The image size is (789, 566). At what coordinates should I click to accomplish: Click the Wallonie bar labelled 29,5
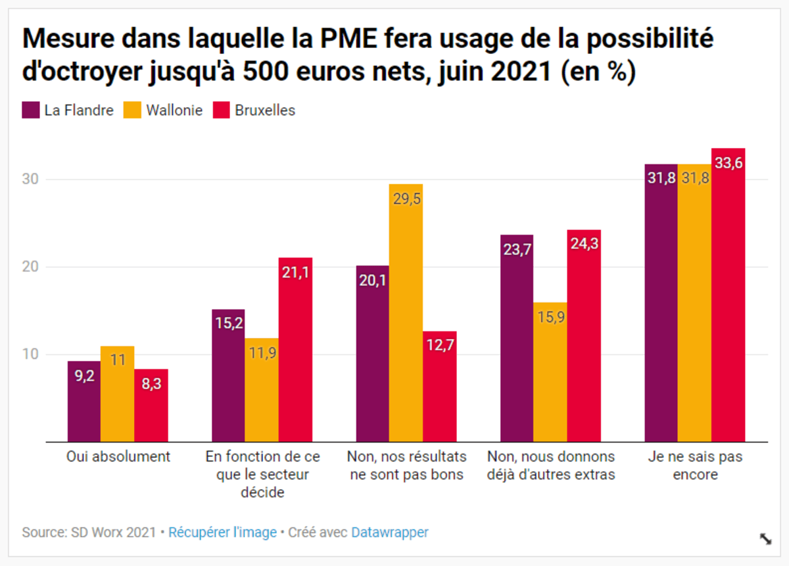(406, 313)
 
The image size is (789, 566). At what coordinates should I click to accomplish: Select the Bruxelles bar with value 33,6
(729, 295)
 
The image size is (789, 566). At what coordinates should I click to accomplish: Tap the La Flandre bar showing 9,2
(84, 402)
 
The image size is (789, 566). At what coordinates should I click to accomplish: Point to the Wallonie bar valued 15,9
(550, 372)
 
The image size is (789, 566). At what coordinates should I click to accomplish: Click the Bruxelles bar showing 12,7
(440, 387)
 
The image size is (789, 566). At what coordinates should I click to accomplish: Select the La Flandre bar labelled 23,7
(517, 339)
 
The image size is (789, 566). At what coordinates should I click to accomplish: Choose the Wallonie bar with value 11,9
(262, 390)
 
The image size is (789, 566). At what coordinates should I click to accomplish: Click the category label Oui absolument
(118, 457)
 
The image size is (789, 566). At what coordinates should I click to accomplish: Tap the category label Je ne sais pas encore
(695, 465)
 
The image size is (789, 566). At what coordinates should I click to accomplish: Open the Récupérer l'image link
(222, 532)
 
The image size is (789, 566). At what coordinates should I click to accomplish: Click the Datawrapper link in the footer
(389, 532)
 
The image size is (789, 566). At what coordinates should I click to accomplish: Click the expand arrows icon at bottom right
(765, 539)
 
